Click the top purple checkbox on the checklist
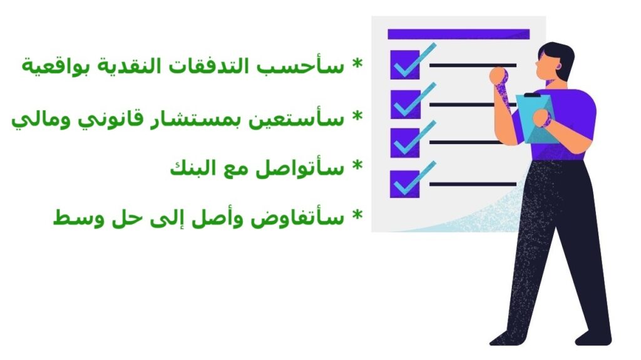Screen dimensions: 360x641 tap(404, 64)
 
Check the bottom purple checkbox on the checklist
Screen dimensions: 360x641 tap(404, 183)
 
